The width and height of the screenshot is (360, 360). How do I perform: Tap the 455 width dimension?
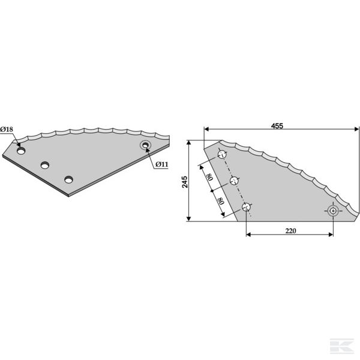277,125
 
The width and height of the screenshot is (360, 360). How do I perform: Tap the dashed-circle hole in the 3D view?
146,145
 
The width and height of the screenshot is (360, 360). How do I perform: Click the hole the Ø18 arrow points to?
22,152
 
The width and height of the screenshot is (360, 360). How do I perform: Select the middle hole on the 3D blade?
45,165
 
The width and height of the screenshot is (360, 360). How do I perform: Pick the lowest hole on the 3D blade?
70,179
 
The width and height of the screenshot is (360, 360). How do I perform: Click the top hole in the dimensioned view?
223,155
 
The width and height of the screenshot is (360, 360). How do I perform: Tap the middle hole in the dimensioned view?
235,181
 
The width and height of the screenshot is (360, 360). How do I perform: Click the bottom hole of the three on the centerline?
246,207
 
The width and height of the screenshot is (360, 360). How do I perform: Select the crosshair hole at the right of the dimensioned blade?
333,211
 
